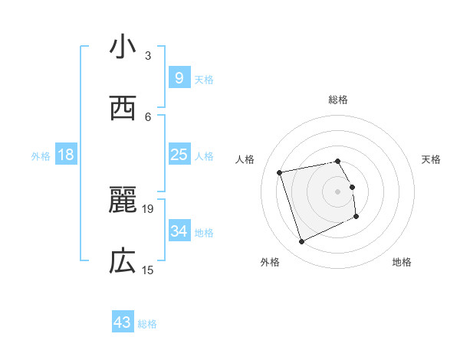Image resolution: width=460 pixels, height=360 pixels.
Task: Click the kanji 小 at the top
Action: coord(123,47)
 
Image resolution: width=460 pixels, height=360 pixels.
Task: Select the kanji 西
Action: coord(123,108)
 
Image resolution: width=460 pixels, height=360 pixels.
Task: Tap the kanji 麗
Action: coord(123,201)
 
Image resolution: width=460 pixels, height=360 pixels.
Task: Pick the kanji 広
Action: coord(123,261)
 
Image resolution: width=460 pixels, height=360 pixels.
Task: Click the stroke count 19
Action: coord(148,208)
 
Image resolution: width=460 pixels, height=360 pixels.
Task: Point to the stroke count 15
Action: coord(148,270)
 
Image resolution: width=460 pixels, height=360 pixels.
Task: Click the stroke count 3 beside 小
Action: coord(148,55)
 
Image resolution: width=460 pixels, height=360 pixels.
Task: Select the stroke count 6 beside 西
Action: coord(148,116)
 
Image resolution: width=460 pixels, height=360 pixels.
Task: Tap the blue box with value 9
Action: coord(179,77)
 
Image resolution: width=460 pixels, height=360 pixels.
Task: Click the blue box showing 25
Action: coord(179,155)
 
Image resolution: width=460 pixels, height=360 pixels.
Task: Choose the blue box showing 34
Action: coord(179,231)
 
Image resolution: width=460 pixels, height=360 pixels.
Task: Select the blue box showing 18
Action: coord(66,155)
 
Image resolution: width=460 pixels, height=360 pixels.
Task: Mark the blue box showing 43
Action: coord(123,322)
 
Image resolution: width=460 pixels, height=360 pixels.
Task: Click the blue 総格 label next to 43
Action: coord(148,324)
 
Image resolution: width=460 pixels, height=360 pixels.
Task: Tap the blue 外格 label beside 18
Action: coord(41,156)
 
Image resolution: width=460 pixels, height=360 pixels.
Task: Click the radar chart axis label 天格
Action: coord(432,159)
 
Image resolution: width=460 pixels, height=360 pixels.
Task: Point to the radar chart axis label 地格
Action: coord(402,262)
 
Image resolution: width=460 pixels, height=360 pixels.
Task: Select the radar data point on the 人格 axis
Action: coord(280,172)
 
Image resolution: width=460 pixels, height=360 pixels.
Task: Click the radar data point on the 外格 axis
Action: coord(301,242)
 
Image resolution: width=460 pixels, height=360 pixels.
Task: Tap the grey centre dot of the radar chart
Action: coord(337,191)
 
